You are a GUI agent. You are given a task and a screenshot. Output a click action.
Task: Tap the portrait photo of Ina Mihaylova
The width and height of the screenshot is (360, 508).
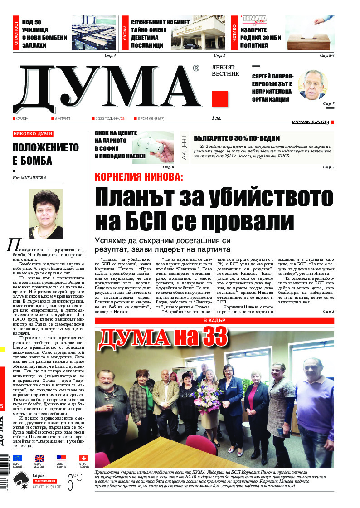point(46,213)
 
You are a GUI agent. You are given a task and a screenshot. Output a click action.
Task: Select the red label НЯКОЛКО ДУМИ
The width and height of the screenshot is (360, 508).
point(33,134)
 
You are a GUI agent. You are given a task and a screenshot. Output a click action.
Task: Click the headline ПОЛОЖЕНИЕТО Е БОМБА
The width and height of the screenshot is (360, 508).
point(45,154)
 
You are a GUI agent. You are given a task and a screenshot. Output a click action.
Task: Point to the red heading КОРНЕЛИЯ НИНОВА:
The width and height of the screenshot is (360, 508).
point(138,177)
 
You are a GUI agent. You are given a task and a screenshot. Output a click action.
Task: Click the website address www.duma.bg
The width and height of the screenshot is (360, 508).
point(310,122)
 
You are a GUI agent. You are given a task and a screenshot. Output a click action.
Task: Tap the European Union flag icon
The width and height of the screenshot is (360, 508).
point(17,458)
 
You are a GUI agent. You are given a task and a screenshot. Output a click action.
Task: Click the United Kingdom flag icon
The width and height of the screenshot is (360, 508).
point(39,458)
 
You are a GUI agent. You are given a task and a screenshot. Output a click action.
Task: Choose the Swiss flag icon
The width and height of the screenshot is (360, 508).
point(83,458)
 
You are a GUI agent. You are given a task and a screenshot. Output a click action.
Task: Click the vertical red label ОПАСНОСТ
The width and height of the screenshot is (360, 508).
point(17,34)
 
